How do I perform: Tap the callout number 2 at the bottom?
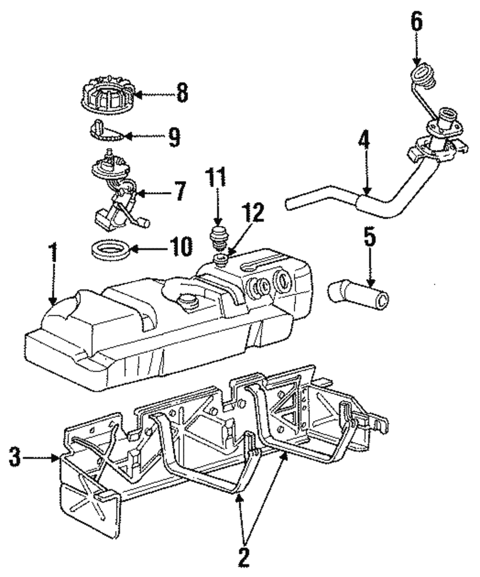pos(244,557)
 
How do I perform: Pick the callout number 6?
pos(417,23)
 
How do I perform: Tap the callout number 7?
pos(180,191)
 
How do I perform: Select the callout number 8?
pos(182,93)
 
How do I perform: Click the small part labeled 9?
pos(104,131)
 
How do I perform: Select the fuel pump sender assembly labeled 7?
pos(115,192)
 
